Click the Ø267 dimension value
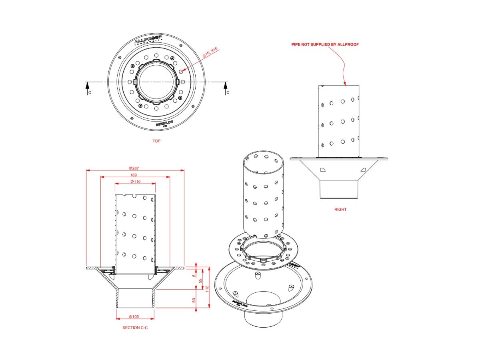(x=134, y=168)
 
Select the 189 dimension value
(x=134, y=175)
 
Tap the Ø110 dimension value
(x=135, y=182)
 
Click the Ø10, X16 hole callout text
(x=210, y=52)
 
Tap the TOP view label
(x=156, y=141)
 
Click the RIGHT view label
(x=340, y=209)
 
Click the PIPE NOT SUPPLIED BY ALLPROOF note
(x=325, y=44)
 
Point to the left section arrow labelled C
(x=87, y=86)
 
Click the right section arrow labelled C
(x=226, y=86)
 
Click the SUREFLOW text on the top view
(x=164, y=124)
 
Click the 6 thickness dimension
(x=194, y=276)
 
